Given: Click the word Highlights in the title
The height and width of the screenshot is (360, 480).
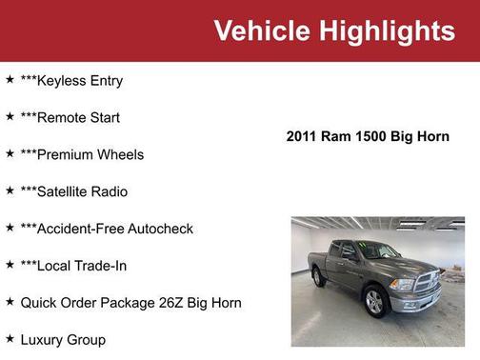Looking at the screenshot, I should [x=387, y=30].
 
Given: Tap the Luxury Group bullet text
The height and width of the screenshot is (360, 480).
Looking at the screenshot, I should [x=63, y=339].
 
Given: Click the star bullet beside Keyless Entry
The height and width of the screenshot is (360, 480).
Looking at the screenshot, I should [x=10, y=80].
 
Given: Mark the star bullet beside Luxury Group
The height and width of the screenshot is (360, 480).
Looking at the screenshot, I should [x=10, y=338].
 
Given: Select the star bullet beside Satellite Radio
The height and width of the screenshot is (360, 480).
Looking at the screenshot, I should [x=10, y=190].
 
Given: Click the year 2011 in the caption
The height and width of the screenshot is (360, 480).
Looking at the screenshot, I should [x=303, y=136].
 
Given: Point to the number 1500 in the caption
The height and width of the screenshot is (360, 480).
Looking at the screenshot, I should [x=370, y=136].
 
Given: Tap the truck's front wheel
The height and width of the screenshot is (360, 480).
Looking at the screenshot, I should [x=374, y=302].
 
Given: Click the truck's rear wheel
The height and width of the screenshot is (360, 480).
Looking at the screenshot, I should [x=319, y=276].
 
